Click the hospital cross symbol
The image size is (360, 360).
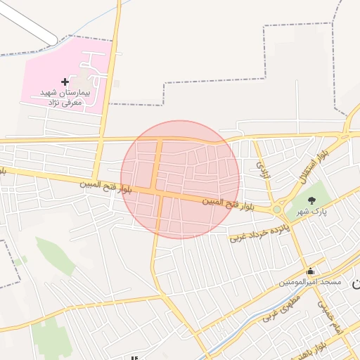pyautogui.click(x=65, y=82)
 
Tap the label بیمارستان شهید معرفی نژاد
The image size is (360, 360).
pyautogui.click(x=60, y=98)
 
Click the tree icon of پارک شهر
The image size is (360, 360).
pyautogui.click(x=311, y=201)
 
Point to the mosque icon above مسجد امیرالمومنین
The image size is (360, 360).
pyautogui.click(x=310, y=271)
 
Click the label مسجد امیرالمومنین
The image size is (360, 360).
pyautogui.click(x=309, y=282)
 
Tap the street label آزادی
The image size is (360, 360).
pyautogui.click(x=262, y=169)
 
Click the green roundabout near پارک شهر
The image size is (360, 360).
pyautogui.click(x=277, y=209)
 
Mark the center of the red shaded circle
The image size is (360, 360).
pyautogui.click(x=180, y=180)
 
